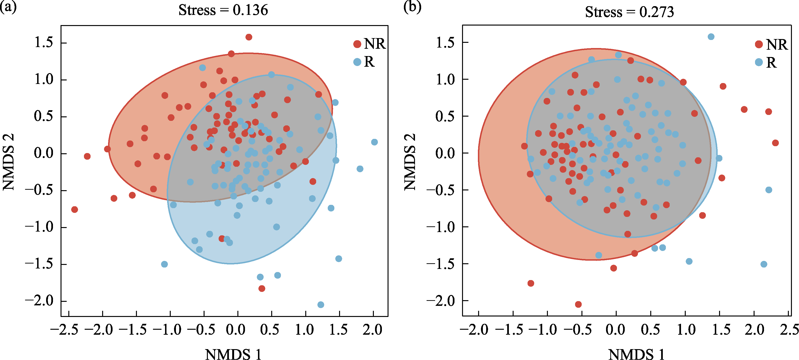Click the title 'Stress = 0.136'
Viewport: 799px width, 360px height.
(x=223, y=10)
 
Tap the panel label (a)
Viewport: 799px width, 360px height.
(x=8, y=7)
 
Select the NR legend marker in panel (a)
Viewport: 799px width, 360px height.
(x=357, y=44)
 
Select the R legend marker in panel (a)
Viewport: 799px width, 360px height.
(x=357, y=62)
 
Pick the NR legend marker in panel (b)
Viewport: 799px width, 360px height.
(x=759, y=44)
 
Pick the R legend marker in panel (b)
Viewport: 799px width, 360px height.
(x=759, y=62)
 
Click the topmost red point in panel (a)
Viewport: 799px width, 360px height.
(x=249, y=37)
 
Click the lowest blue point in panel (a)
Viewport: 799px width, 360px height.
(x=321, y=305)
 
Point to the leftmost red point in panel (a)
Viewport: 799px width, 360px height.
(x=74, y=210)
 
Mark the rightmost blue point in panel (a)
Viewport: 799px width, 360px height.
(x=374, y=142)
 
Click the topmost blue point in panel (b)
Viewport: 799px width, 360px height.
(x=711, y=37)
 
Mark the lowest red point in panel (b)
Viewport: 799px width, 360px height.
(x=578, y=304)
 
